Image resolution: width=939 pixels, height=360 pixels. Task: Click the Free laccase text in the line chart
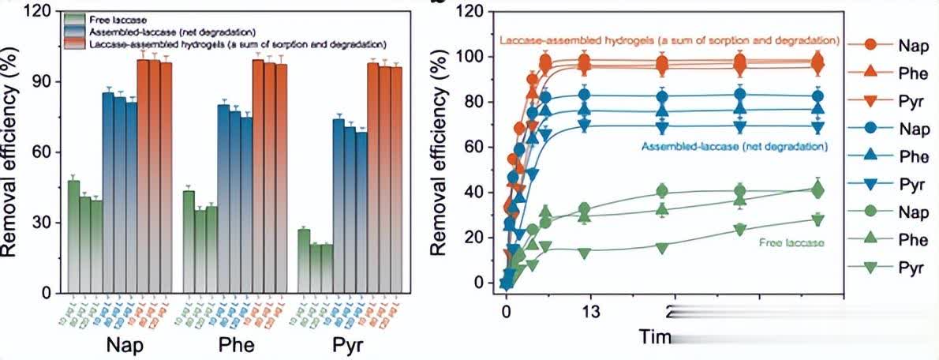(x=791, y=242)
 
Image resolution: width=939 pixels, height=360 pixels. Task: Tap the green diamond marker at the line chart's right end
(x=817, y=190)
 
